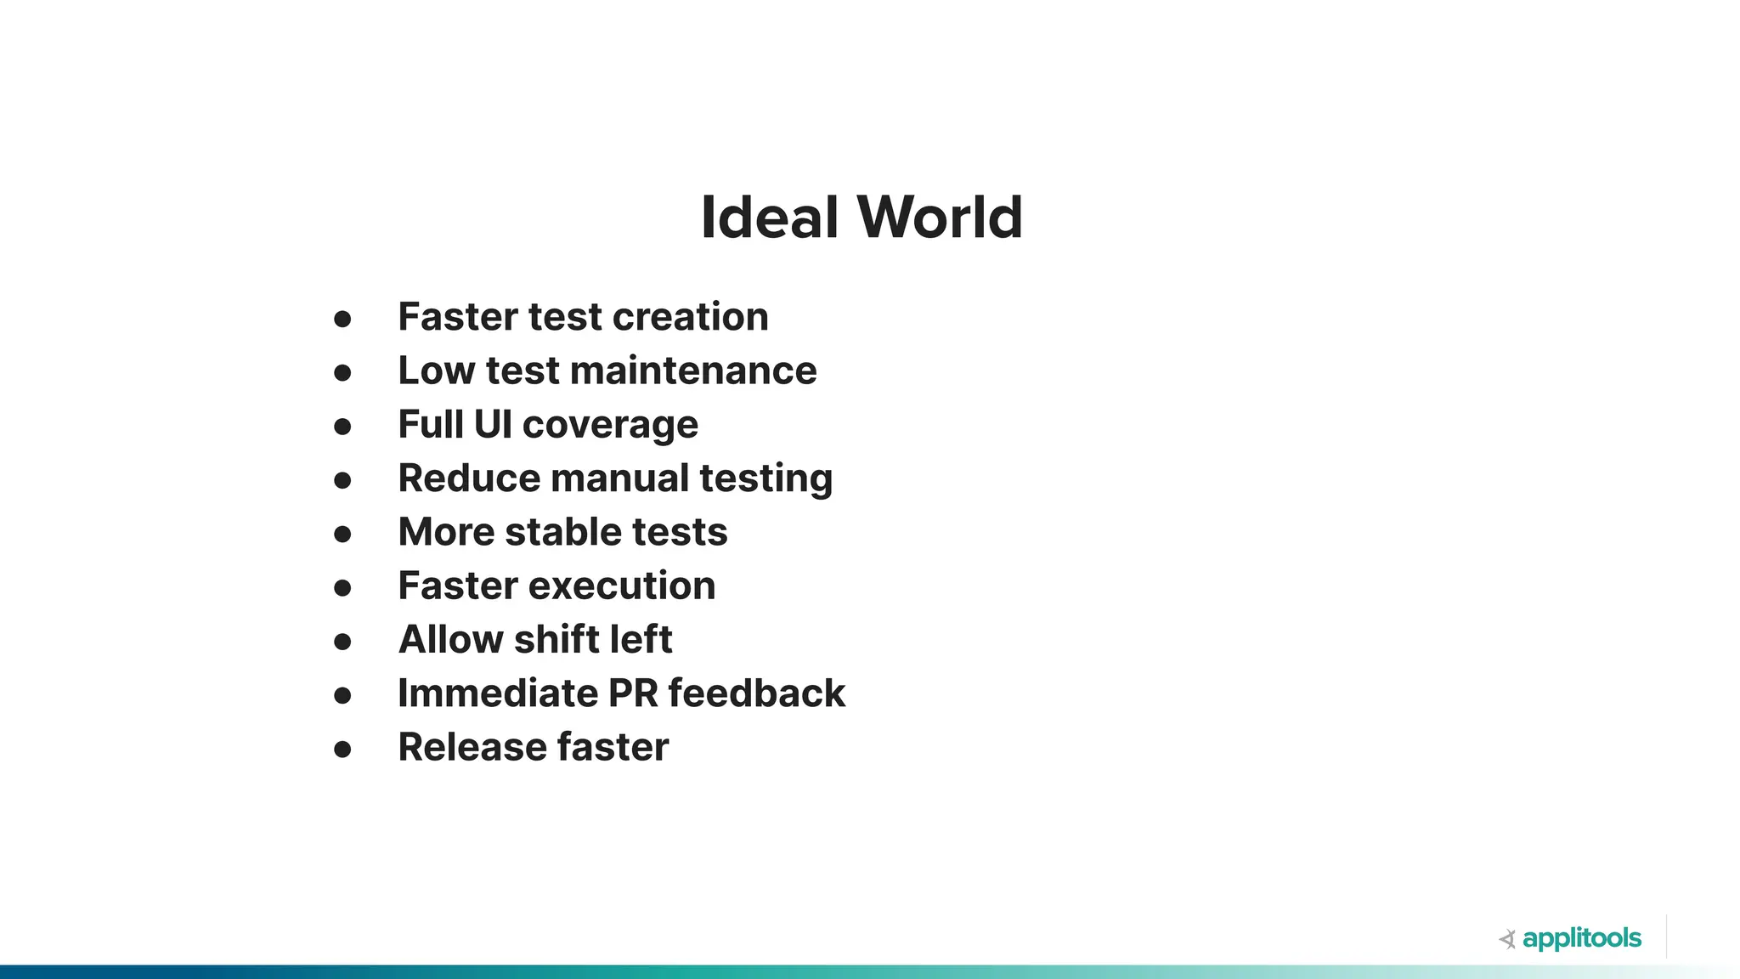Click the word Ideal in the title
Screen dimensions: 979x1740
pos(769,218)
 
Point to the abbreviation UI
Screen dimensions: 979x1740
pos(492,424)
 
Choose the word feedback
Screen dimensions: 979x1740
pos(756,693)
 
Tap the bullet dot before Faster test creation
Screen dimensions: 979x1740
pos(342,320)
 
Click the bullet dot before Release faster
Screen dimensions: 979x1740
pos(342,750)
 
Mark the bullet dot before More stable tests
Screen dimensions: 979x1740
pos(342,535)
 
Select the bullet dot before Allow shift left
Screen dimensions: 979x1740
pos(342,642)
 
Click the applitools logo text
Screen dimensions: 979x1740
pos(1582,939)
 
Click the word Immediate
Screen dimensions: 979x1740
pos(498,693)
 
